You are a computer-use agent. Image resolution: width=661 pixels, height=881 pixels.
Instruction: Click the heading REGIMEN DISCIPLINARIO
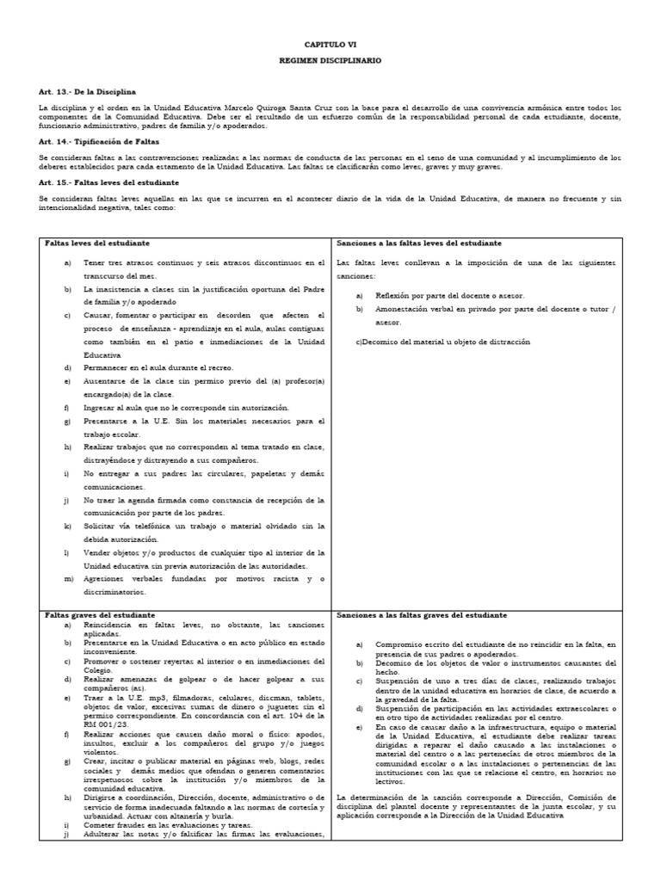[330, 61]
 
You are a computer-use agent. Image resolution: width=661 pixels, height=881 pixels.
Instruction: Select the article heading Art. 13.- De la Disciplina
[88, 91]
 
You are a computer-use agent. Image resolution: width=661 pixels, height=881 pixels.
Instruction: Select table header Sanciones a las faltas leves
[419, 243]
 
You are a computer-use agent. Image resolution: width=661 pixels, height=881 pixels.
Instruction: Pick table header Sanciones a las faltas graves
[421, 616]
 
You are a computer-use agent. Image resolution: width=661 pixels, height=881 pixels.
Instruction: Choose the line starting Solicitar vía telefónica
[204, 525]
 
